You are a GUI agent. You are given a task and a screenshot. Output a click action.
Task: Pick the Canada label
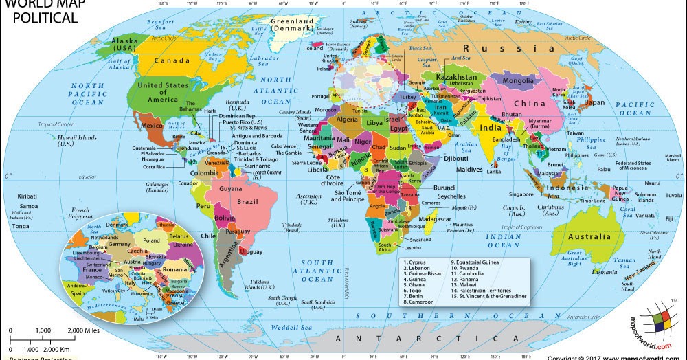click(172, 60)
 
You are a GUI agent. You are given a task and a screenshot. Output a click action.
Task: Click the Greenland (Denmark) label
click(291, 25)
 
